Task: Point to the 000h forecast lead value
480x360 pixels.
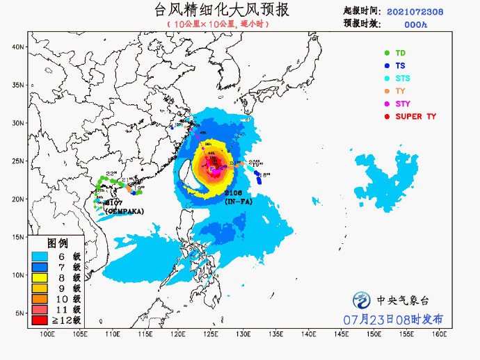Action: [x=415, y=24]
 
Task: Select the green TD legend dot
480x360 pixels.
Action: [x=387, y=53]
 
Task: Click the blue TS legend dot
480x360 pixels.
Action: [x=387, y=66]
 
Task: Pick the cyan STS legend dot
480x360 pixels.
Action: [x=387, y=79]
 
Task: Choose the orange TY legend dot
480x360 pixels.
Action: [x=387, y=91]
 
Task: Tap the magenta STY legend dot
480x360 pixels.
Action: [x=387, y=104]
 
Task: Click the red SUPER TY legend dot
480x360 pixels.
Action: [x=387, y=116]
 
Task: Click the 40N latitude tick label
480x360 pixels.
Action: [x=18, y=47]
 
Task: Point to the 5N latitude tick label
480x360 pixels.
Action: [x=20, y=313]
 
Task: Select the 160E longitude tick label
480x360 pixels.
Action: [x=438, y=334]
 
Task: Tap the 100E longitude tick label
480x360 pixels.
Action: [x=47, y=334]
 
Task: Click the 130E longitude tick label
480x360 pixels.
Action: [x=243, y=334]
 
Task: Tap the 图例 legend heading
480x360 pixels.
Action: [x=57, y=243]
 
